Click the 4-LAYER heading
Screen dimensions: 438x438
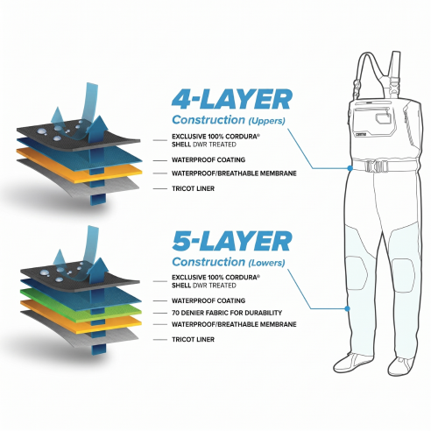[232, 99]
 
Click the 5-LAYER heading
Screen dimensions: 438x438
[232, 241]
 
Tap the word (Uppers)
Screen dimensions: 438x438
[266, 121]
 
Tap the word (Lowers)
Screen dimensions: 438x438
[266, 263]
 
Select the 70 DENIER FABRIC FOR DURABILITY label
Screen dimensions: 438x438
[227, 313]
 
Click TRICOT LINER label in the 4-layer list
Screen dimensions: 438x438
[193, 188]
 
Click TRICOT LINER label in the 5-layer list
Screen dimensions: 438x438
[193, 339]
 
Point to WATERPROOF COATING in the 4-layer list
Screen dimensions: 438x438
[208, 160]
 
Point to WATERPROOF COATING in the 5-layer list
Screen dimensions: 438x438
[208, 300]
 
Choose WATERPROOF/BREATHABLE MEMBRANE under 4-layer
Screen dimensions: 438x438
[234, 173]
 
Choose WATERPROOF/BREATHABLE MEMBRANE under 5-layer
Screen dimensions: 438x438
[234, 324]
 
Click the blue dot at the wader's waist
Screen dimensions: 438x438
[350, 168]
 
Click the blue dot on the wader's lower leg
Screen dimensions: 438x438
[347, 308]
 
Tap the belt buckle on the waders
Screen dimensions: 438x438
[376, 166]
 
